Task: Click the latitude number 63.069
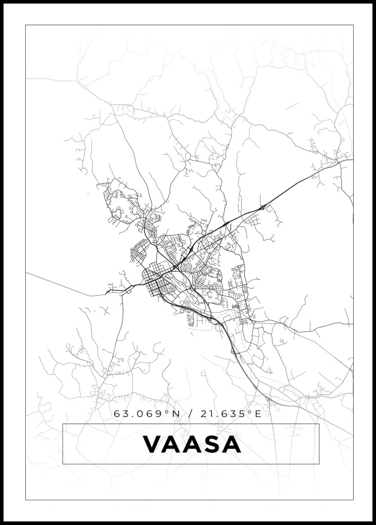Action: (139, 414)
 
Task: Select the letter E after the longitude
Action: (258, 414)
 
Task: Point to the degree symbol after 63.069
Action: (166, 412)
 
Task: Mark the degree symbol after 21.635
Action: (250, 412)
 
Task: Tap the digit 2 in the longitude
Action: (203, 414)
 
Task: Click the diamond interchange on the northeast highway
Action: (264, 206)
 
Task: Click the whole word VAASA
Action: (192, 445)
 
